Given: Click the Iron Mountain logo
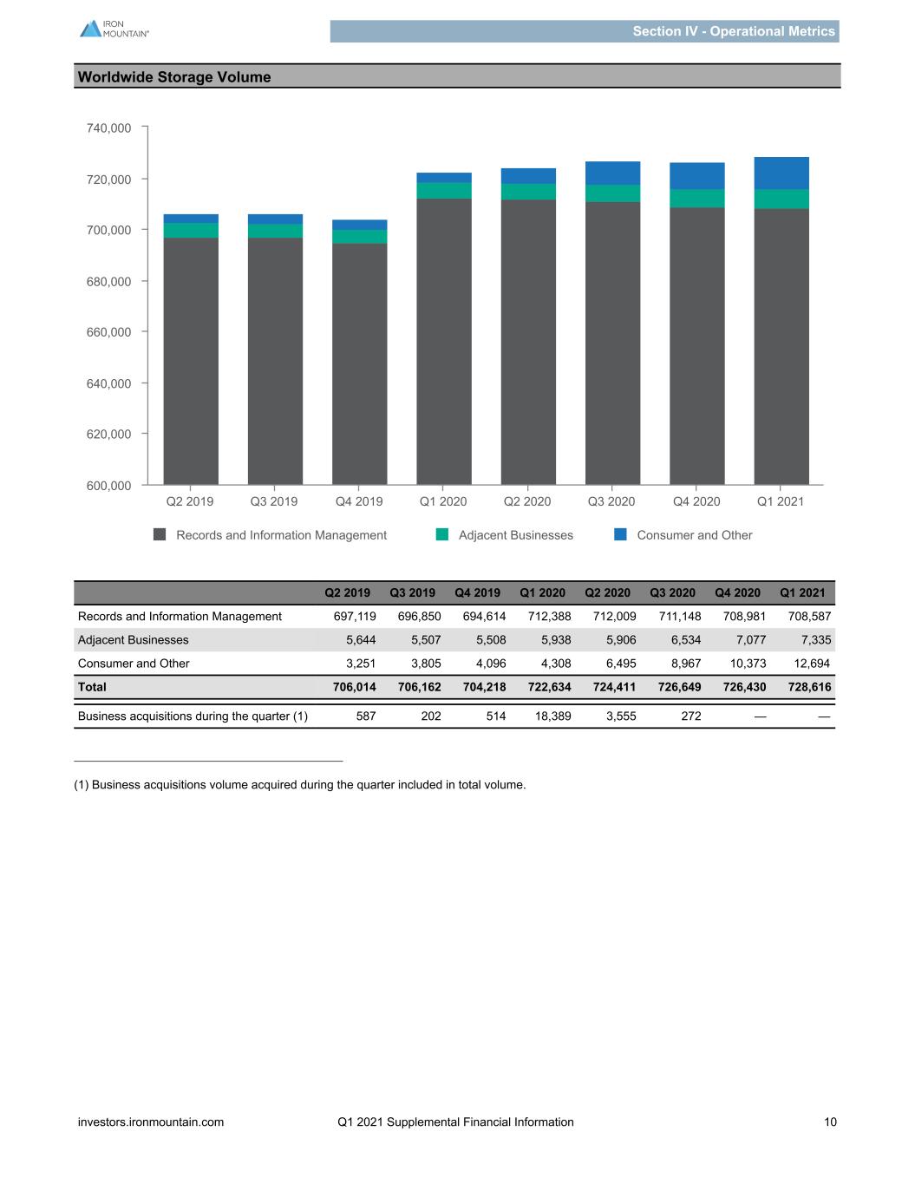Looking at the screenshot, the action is tap(114, 29).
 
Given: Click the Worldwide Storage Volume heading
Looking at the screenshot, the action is tap(174, 77).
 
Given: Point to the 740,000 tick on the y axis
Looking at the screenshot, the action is tap(144, 127).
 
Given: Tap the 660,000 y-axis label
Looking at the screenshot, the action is tap(109, 332).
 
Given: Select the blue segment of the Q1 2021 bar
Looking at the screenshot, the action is tap(781, 173).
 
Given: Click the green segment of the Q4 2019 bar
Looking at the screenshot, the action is tap(359, 237).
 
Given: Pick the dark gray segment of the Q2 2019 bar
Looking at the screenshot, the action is tap(191, 361).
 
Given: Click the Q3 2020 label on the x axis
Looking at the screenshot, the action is tap(611, 501).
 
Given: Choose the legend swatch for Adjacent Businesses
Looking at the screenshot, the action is tap(442, 534).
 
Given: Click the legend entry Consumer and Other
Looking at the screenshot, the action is tap(695, 535).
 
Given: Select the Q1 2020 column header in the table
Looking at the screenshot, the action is tap(542, 592).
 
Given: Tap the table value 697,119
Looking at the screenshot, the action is tap(355, 616).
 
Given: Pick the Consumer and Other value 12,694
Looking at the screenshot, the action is tap(812, 663).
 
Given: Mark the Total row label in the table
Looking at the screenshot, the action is tap(92, 686).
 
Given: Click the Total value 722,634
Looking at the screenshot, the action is tap(550, 686).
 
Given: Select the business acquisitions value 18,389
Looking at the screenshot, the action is tap(552, 716).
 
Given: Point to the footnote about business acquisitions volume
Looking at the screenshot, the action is tap(300, 785).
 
